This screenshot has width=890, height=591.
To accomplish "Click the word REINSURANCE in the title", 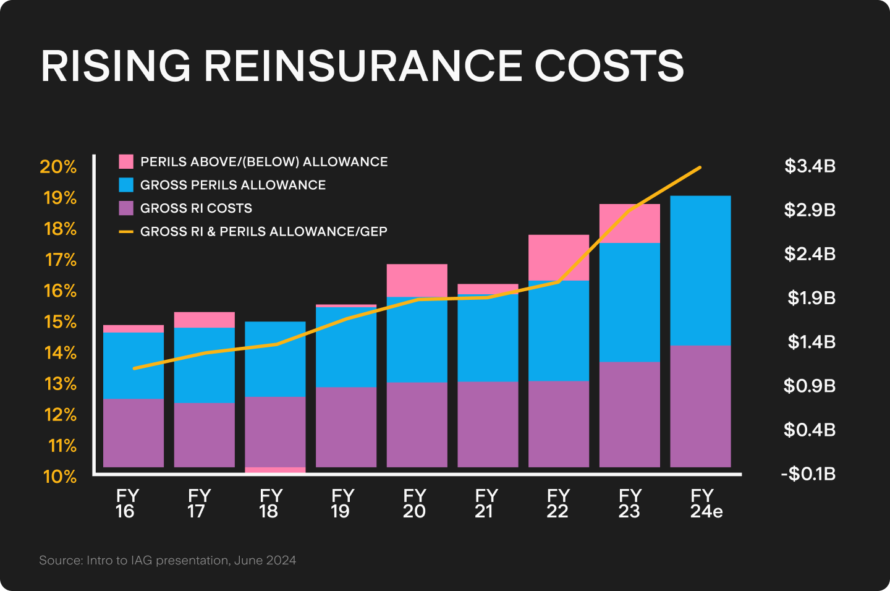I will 363,66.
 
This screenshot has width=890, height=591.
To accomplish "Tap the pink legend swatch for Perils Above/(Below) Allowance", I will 126,162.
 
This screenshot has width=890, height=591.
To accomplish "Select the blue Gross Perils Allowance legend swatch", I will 126,185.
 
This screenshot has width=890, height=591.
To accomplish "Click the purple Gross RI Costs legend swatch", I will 126,208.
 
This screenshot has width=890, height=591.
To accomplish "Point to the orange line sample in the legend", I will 126,232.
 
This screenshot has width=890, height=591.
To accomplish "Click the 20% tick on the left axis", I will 58,167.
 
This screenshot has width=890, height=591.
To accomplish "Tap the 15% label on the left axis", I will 60,322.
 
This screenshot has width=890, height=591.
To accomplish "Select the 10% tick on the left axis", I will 60,477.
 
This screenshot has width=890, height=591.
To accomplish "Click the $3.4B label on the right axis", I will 810,166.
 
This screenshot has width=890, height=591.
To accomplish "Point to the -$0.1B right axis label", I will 808,474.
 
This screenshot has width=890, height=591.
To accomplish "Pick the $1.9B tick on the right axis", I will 811,298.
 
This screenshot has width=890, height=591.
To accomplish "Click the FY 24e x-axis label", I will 705,504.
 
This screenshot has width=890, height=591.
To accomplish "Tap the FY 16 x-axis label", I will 127,504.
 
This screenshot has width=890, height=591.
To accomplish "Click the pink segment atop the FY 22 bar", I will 558,257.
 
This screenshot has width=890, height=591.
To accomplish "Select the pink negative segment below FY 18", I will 275,470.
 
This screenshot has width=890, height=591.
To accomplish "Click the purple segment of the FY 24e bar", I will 700,406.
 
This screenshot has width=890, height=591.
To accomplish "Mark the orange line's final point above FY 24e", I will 700,167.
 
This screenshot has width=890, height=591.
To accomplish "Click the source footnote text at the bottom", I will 167,561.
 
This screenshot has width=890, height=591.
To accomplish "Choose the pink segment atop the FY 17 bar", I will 204,320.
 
